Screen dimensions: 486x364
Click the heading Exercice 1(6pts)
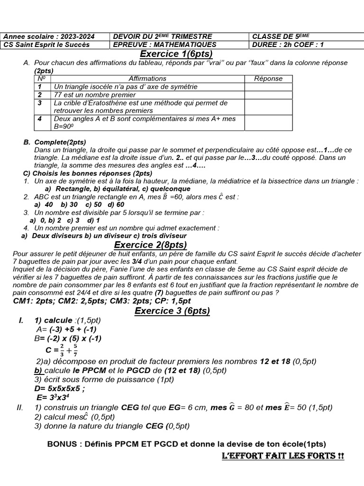pyautogui.click(x=176, y=54)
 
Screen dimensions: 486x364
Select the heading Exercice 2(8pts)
pyautogui.click(x=151, y=245)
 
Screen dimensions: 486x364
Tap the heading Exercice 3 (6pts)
pyautogui.click(x=172, y=311)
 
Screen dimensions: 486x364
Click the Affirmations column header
pyautogui.click(x=147, y=79)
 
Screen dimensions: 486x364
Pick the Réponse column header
pyautogui.click(x=268, y=79)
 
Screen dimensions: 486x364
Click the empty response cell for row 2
pyautogui.click(x=268, y=95)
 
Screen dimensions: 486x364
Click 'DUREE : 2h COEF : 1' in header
pyautogui.click(x=288, y=45)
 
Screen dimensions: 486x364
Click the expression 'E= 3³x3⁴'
pyautogui.click(x=53, y=397)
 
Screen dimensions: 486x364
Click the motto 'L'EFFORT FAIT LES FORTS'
pyautogui.click(x=282, y=457)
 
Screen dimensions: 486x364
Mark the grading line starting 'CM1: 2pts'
pyautogui.click(x=102, y=301)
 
